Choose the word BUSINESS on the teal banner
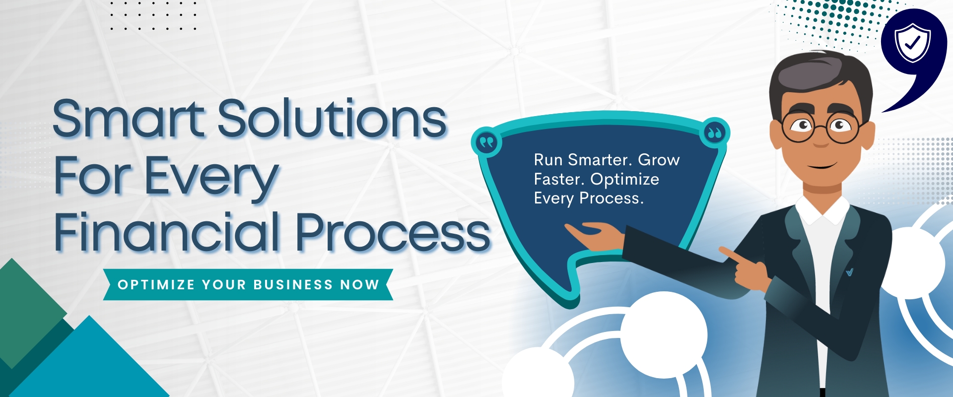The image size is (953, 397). tap(293, 285)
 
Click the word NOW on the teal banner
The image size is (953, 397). tap(360, 285)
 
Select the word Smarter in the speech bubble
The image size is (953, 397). tap(600, 160)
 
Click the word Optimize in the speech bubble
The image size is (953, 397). tap(625, 180)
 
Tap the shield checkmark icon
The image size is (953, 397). tap(913, 43)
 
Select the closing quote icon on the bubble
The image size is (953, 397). tap(715, 133)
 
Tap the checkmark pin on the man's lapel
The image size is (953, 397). tap(850, 272)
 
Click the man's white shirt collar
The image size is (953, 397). tap(822, 207)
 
